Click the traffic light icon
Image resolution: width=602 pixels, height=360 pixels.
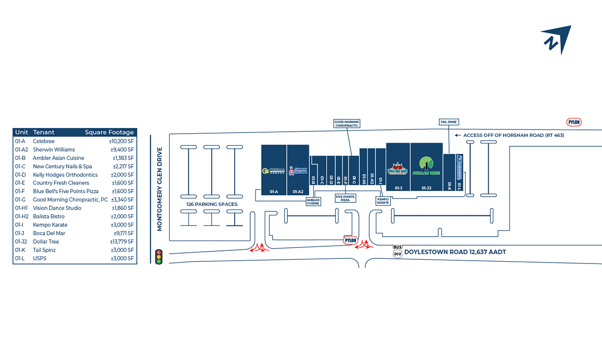158,256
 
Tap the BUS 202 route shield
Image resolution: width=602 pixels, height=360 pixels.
398,252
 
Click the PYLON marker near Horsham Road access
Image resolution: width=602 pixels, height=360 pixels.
574,122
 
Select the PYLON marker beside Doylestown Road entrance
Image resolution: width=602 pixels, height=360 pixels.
350,240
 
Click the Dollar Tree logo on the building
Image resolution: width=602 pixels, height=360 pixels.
426,166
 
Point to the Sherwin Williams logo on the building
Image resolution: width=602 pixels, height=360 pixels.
298,170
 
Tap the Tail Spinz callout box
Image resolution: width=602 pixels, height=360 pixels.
449,122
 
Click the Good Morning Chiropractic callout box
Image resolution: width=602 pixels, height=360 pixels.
347,124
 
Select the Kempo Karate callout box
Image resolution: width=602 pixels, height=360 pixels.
383,201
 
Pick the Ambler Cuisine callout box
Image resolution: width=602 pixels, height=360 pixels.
313,201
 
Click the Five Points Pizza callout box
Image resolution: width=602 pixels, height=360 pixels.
346,198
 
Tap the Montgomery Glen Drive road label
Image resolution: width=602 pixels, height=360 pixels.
159,189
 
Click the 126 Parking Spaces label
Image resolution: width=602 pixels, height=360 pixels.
212,204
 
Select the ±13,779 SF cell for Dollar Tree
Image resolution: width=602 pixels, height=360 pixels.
122,241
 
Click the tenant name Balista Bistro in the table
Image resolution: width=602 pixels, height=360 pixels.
48,216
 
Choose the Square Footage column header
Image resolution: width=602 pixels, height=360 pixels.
109,132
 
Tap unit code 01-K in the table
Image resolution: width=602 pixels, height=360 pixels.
20,250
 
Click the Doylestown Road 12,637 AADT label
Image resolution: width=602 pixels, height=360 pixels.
455,252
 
